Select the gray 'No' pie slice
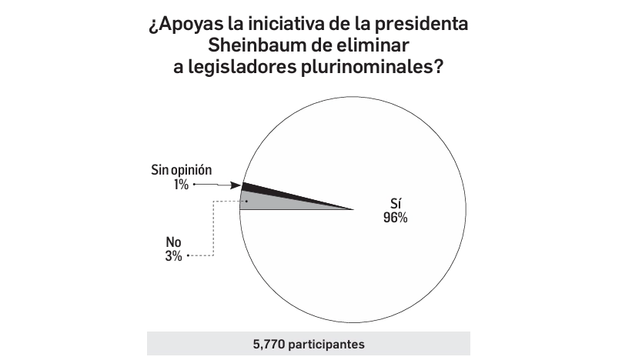(266, 202)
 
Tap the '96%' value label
(395, 218)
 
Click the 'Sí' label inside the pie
(395, 204)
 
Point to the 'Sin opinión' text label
(181, 171)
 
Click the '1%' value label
(181, 185)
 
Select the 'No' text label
(173, 242)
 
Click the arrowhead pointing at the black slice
(236, 185)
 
